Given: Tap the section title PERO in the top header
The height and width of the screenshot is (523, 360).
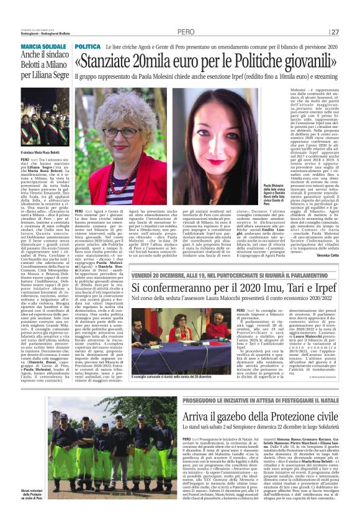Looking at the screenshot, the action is point(186,31).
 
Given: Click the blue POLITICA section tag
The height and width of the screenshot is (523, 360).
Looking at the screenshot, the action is point(88,47).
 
